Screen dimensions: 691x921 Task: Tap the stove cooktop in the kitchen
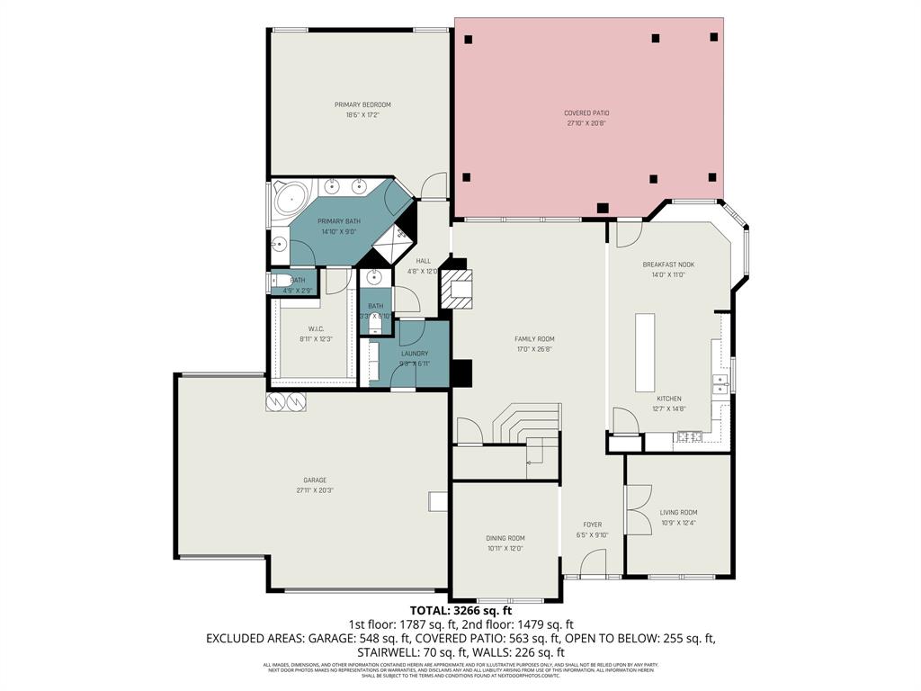pos(690,437)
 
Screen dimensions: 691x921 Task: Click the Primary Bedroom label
pos(362,104)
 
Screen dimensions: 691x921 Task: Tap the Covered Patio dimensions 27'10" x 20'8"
pos(586,124)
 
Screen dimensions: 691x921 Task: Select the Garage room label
pos(314,480)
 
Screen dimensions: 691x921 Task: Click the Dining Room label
pos(505,538)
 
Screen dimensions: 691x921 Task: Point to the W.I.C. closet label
pos(315,328)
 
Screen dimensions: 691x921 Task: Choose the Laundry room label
pos(415,354)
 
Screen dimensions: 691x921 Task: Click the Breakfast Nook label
pos(668,265)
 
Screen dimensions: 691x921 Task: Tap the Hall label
pos(422,260)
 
